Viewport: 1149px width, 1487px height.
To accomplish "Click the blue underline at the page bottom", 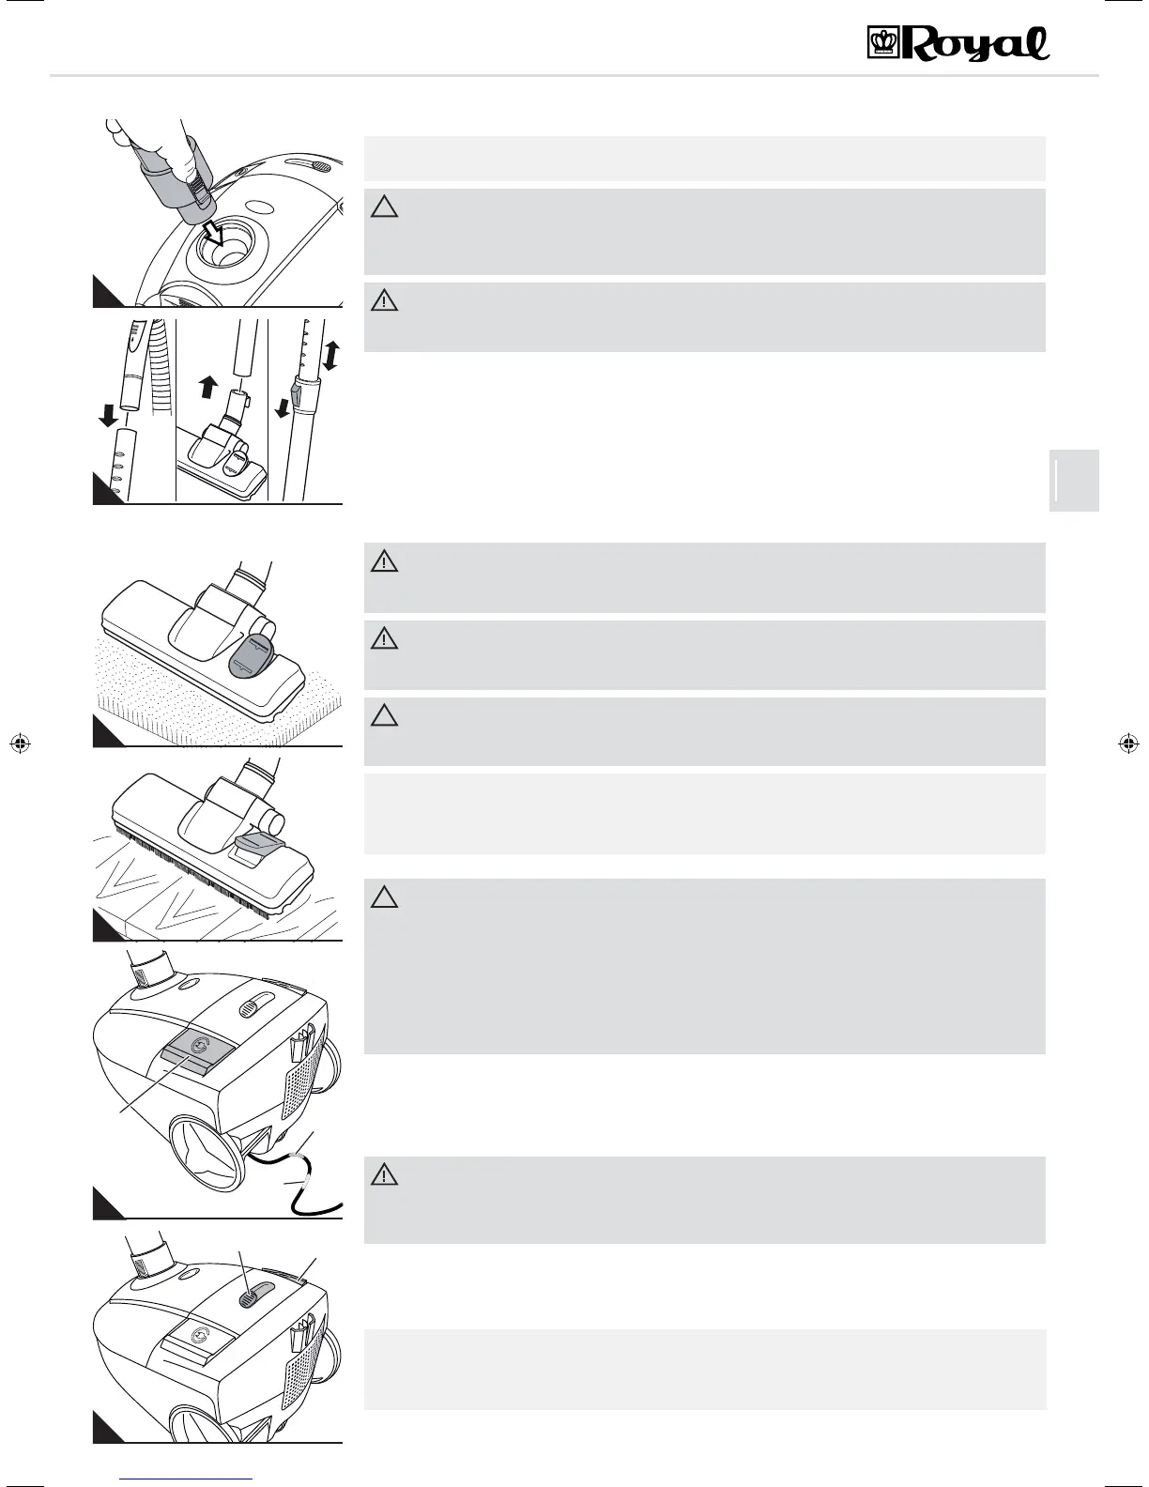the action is pos(188,1478).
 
